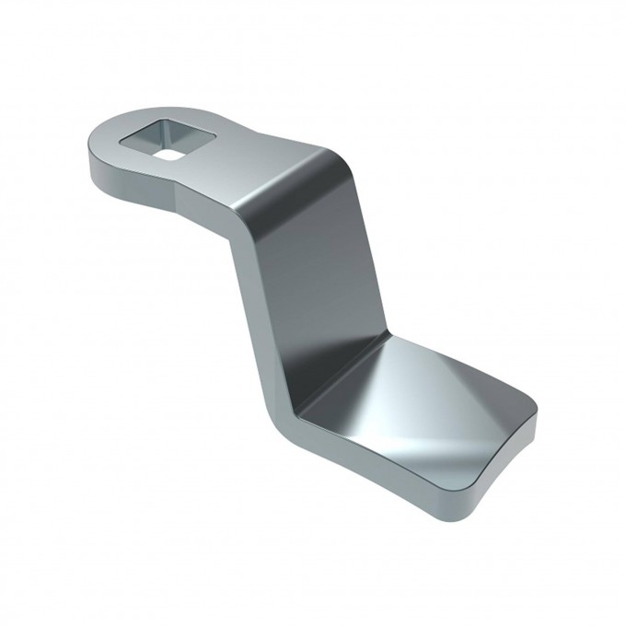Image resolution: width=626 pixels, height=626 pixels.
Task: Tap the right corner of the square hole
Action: click(x=215, y=137)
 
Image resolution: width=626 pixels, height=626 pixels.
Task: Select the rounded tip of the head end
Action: click(x=92, y=152)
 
